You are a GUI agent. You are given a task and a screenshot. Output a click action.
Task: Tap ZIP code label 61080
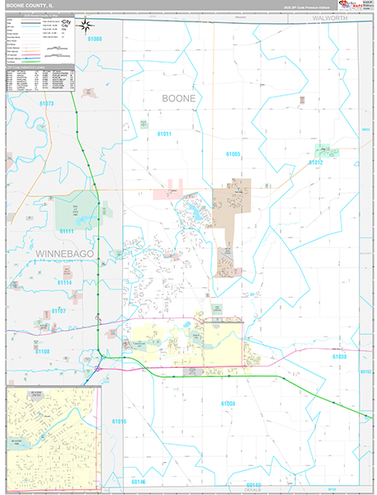pos(95,39)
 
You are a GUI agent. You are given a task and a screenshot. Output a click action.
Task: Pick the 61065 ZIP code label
pos(233,154)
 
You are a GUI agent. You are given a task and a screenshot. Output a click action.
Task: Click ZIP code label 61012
pos(317,163)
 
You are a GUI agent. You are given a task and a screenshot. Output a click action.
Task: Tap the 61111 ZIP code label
pos(67,231)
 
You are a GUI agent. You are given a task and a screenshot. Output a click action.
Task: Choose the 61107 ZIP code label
pos(59,310)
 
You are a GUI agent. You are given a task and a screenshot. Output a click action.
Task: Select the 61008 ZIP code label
pos(229,403)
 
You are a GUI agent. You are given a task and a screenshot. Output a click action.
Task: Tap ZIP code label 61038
pos(340,356)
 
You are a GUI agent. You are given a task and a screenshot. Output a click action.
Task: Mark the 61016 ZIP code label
pos(120,421)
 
